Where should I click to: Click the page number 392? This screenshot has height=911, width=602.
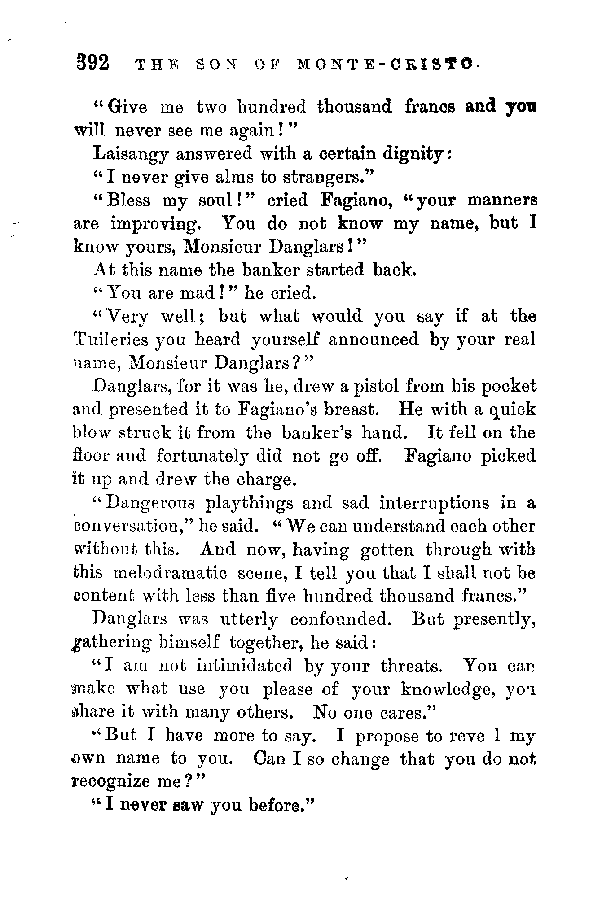pyautogui.click(x=92, y=62)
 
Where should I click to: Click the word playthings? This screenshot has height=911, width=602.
pyautogui.click(x=249, y=504)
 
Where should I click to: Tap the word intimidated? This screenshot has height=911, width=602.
pyautogui.click(x=244, y=666)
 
